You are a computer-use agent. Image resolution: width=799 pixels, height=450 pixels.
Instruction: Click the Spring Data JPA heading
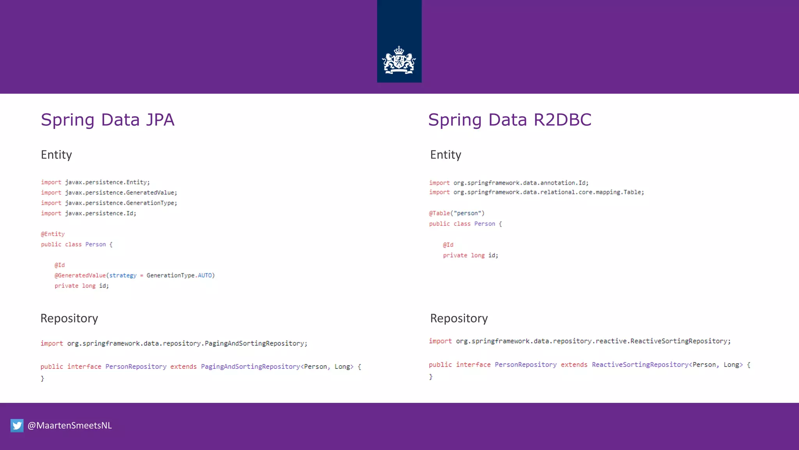pos(107,120)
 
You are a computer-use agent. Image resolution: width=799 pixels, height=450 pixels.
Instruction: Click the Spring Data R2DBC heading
pos(510,120)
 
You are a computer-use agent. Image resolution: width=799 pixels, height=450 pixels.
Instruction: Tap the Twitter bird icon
pos(17,425)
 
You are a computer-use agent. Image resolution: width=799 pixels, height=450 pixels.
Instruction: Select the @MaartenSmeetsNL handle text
pos(70,425)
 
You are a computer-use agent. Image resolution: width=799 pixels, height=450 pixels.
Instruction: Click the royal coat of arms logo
pos(399,61)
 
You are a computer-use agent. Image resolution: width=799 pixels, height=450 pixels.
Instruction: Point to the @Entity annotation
pos(53,234)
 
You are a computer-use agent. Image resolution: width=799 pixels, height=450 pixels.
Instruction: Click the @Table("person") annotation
pos(456,213)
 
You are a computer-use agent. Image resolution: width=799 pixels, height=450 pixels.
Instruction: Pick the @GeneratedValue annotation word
pos(80,275)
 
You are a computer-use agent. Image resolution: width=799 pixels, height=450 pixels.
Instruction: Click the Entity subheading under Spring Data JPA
pos(57,155)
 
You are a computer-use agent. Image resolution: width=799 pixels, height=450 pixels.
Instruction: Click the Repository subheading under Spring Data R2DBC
pos(459,318)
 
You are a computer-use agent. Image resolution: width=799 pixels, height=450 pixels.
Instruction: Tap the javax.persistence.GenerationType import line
pos(109,203)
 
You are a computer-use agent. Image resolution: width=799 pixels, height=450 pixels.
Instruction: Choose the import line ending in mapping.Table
pos(536,192)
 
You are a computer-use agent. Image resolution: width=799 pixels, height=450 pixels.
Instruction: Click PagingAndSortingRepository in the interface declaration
pos(250,366)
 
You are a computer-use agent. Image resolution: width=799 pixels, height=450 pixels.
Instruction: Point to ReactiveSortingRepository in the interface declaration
pos(640,364)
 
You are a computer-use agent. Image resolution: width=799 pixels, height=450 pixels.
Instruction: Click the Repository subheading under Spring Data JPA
pos(69,318)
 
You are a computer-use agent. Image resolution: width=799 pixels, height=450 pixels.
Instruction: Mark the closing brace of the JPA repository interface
pos(43,379)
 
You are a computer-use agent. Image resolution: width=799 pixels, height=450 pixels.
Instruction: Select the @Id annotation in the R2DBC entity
pos(448,245)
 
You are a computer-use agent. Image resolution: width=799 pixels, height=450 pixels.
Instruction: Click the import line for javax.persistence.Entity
pos(95,182)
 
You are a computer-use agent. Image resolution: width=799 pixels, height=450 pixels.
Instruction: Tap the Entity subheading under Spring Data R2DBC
pos(446,155)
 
